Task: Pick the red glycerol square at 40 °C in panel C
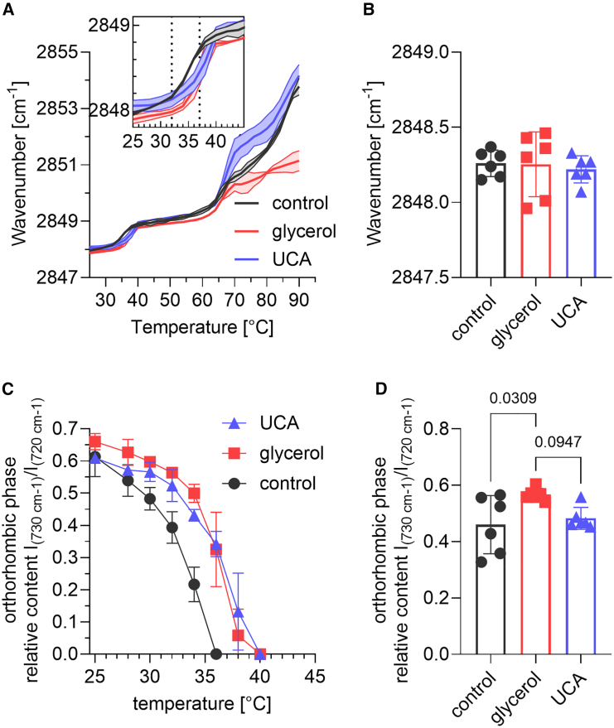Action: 259,653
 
